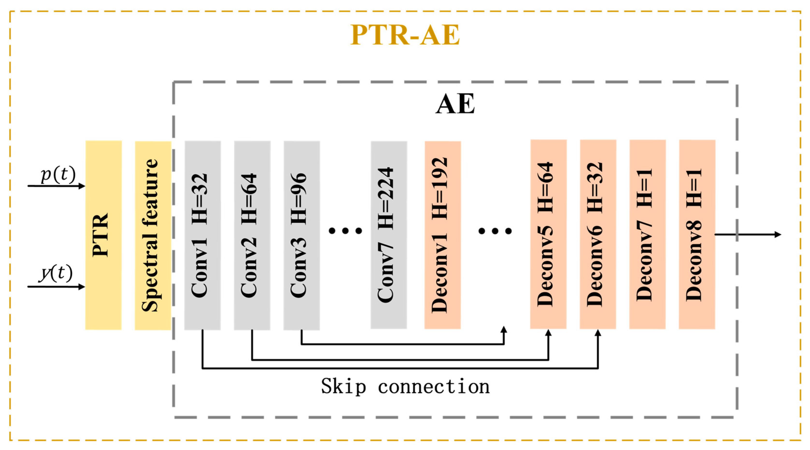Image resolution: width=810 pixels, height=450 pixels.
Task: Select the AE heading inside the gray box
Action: point(455,104)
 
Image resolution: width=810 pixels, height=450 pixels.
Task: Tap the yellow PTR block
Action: point(103,235)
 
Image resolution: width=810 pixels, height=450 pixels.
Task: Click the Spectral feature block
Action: point(153,235)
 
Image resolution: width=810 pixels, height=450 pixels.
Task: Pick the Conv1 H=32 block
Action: point(203,235)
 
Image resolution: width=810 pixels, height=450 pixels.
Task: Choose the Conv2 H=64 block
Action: point(252,235)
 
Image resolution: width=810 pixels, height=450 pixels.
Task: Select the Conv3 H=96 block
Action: point(302,235)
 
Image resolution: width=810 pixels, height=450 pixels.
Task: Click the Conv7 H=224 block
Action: point(389,235)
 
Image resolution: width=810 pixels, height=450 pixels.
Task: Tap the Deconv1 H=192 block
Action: point(442,235)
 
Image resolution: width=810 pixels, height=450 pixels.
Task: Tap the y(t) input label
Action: point(56,273)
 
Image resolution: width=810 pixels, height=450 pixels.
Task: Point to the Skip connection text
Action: point(405,386)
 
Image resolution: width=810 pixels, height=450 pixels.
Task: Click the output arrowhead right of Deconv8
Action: point(778,234)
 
